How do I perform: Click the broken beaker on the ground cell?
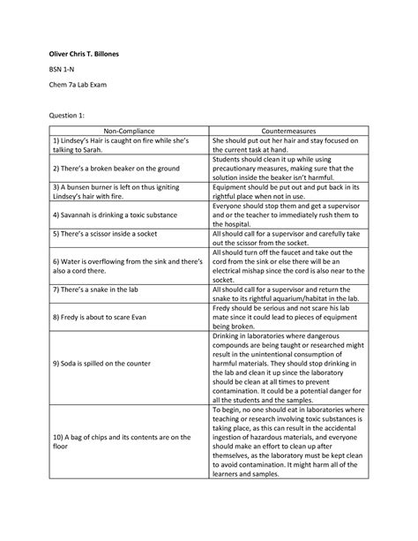click(117, 167)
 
